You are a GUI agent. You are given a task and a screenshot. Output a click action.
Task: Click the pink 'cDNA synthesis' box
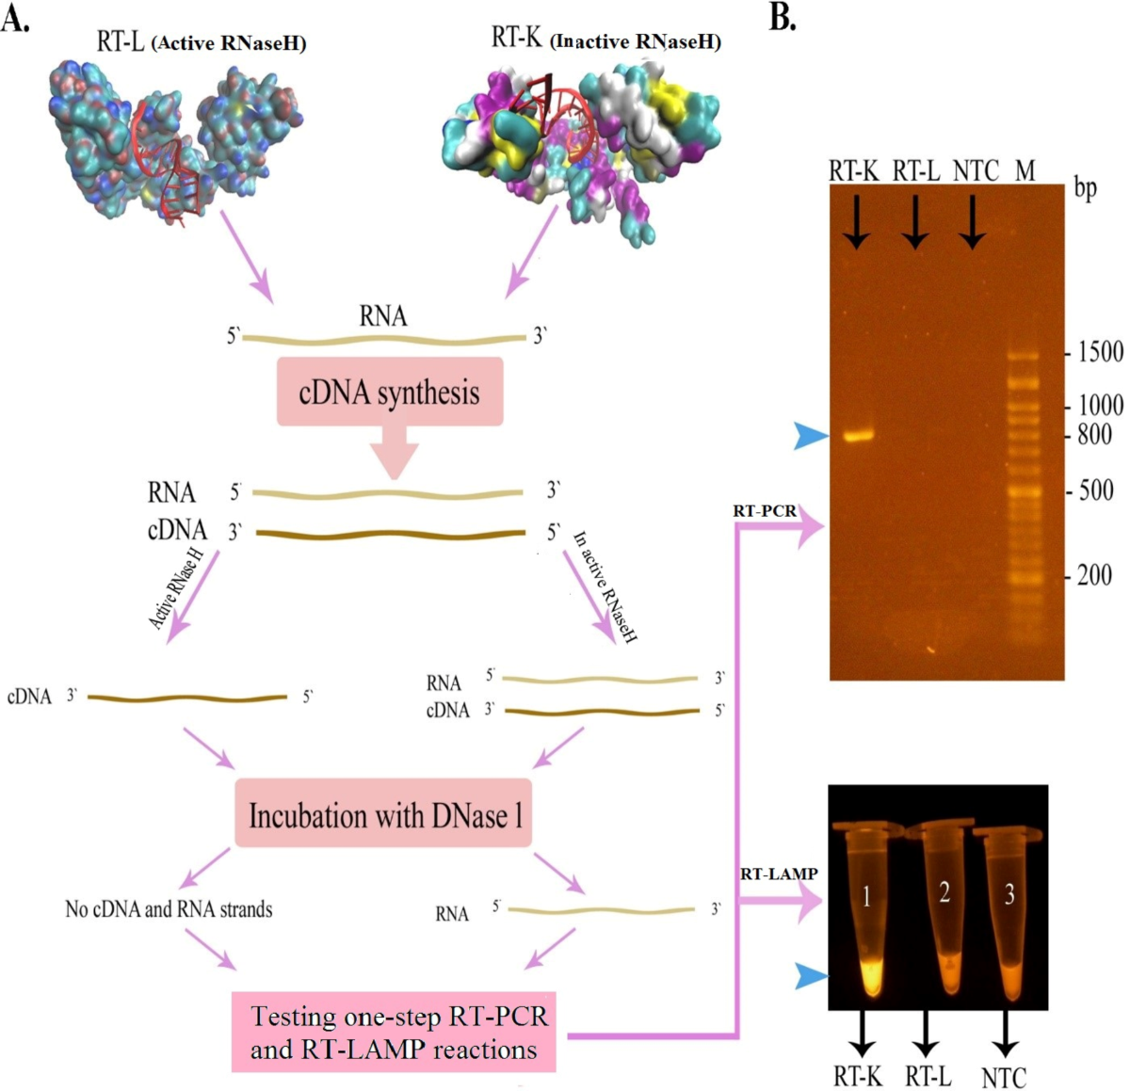pos(389,392)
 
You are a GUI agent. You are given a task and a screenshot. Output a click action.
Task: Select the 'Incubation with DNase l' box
pos(383,813)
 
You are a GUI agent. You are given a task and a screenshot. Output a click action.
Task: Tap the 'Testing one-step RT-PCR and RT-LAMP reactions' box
pos(394,1032)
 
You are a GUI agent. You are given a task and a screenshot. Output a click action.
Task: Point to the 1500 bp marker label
pos(1100,353)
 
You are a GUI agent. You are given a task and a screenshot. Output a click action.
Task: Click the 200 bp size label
pos(1094,575)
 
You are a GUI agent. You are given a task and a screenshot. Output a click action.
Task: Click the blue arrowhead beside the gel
pos(810,436)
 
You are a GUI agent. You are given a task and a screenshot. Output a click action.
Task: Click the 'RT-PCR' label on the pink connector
pos(764,511)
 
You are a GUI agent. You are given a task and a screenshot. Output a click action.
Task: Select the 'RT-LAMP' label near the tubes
pos(778,874)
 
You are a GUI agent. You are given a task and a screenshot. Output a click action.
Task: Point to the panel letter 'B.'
pos(783,17)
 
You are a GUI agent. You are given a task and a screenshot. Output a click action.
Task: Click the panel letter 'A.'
pos(15,19)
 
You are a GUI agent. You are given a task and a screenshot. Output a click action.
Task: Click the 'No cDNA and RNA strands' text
pos(169,909)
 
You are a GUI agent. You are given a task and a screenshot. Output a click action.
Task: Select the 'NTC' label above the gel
pos(976,170)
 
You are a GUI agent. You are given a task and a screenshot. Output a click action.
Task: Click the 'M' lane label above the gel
pos(1025,170)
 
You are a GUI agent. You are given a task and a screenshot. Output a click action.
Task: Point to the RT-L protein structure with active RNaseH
pos(174,132)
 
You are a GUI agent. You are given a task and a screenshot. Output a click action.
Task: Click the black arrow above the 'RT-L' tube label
pos(927,1035)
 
